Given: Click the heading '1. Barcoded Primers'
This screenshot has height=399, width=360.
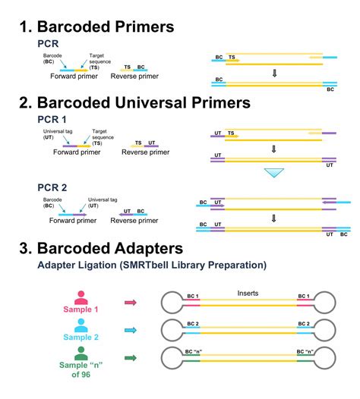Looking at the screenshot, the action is click(96, 27).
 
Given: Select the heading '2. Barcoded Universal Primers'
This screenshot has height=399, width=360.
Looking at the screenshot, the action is click(135, 102).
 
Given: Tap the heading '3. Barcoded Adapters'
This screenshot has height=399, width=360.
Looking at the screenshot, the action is click(101, 248).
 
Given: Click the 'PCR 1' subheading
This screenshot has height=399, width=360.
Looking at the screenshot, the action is click(52, 119).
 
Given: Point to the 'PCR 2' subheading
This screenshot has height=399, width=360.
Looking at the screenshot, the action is click(52, 187).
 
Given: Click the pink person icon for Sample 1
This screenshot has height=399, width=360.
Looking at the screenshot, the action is click(81, 297).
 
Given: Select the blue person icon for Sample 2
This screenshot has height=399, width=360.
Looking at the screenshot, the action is click(81, 325).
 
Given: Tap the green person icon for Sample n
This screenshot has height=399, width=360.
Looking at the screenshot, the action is click(81, 353).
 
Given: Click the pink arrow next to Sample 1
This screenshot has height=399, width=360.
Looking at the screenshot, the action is click(131, 303).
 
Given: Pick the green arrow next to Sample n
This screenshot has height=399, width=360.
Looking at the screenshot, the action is click(131, 358).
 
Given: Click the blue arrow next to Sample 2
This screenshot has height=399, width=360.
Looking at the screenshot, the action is click(131, 330).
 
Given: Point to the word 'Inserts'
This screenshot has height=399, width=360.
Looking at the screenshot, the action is click(248, 294).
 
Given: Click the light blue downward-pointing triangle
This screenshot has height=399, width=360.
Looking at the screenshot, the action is click(274, 172).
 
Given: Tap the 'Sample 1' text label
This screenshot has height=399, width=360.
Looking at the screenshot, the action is click(81, 309).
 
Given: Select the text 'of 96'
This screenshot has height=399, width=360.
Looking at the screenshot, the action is click(81, 375).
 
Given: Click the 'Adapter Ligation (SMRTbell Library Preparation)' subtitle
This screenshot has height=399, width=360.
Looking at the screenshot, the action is click(152, 265).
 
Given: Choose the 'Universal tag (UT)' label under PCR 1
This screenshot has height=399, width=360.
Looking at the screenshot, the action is click(58, 134).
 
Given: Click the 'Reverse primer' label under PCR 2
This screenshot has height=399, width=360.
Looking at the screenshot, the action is click(134, 221).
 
